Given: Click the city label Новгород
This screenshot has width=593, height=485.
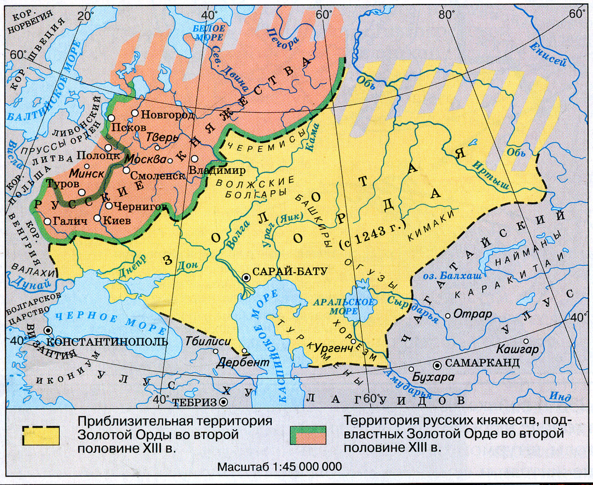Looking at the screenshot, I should point(168,114).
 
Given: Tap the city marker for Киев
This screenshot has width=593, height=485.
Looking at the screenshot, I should point(98,218).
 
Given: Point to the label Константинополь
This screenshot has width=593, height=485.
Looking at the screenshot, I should point(107,341).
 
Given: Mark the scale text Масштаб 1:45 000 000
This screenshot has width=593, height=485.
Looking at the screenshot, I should point(279,467).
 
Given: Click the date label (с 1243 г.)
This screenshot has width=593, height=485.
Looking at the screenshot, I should point(373,234).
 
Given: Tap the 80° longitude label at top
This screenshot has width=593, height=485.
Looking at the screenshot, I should point(448,15).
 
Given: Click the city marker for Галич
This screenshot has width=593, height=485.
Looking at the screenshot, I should point(47,222).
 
